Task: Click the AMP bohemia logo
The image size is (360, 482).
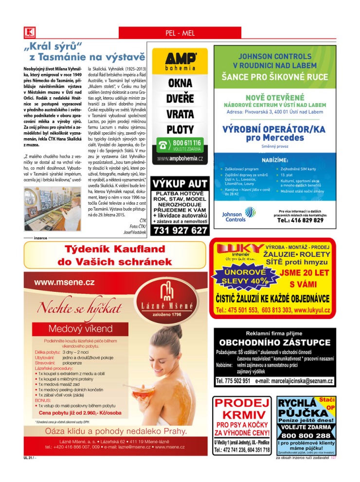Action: point(180,61)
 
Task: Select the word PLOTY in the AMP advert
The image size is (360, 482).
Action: point(180,130)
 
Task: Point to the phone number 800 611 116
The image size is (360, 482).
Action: point(187,143)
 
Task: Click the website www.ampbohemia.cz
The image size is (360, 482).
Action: point(180,159)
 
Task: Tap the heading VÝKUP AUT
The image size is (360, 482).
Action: point(180,184)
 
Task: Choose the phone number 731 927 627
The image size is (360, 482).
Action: point(180,231)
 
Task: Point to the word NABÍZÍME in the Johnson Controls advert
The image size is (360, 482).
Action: point(275,159)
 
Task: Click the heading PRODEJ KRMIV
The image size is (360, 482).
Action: point(242,410)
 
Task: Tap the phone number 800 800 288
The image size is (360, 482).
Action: point(306,435)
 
